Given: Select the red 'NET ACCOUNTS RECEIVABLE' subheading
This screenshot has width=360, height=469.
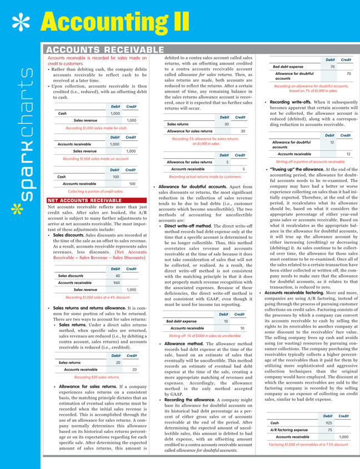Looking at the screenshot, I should click(84, 200).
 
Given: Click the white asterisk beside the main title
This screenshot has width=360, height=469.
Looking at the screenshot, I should click(21, 23).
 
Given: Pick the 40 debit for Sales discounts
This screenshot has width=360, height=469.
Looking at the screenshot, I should click(117, 275).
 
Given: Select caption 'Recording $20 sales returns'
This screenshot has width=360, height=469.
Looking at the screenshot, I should click(97, 377).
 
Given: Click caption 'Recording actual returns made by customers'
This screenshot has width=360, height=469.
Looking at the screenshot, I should click(204, 176).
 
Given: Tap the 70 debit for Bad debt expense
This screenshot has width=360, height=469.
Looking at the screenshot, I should click(332, 67).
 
